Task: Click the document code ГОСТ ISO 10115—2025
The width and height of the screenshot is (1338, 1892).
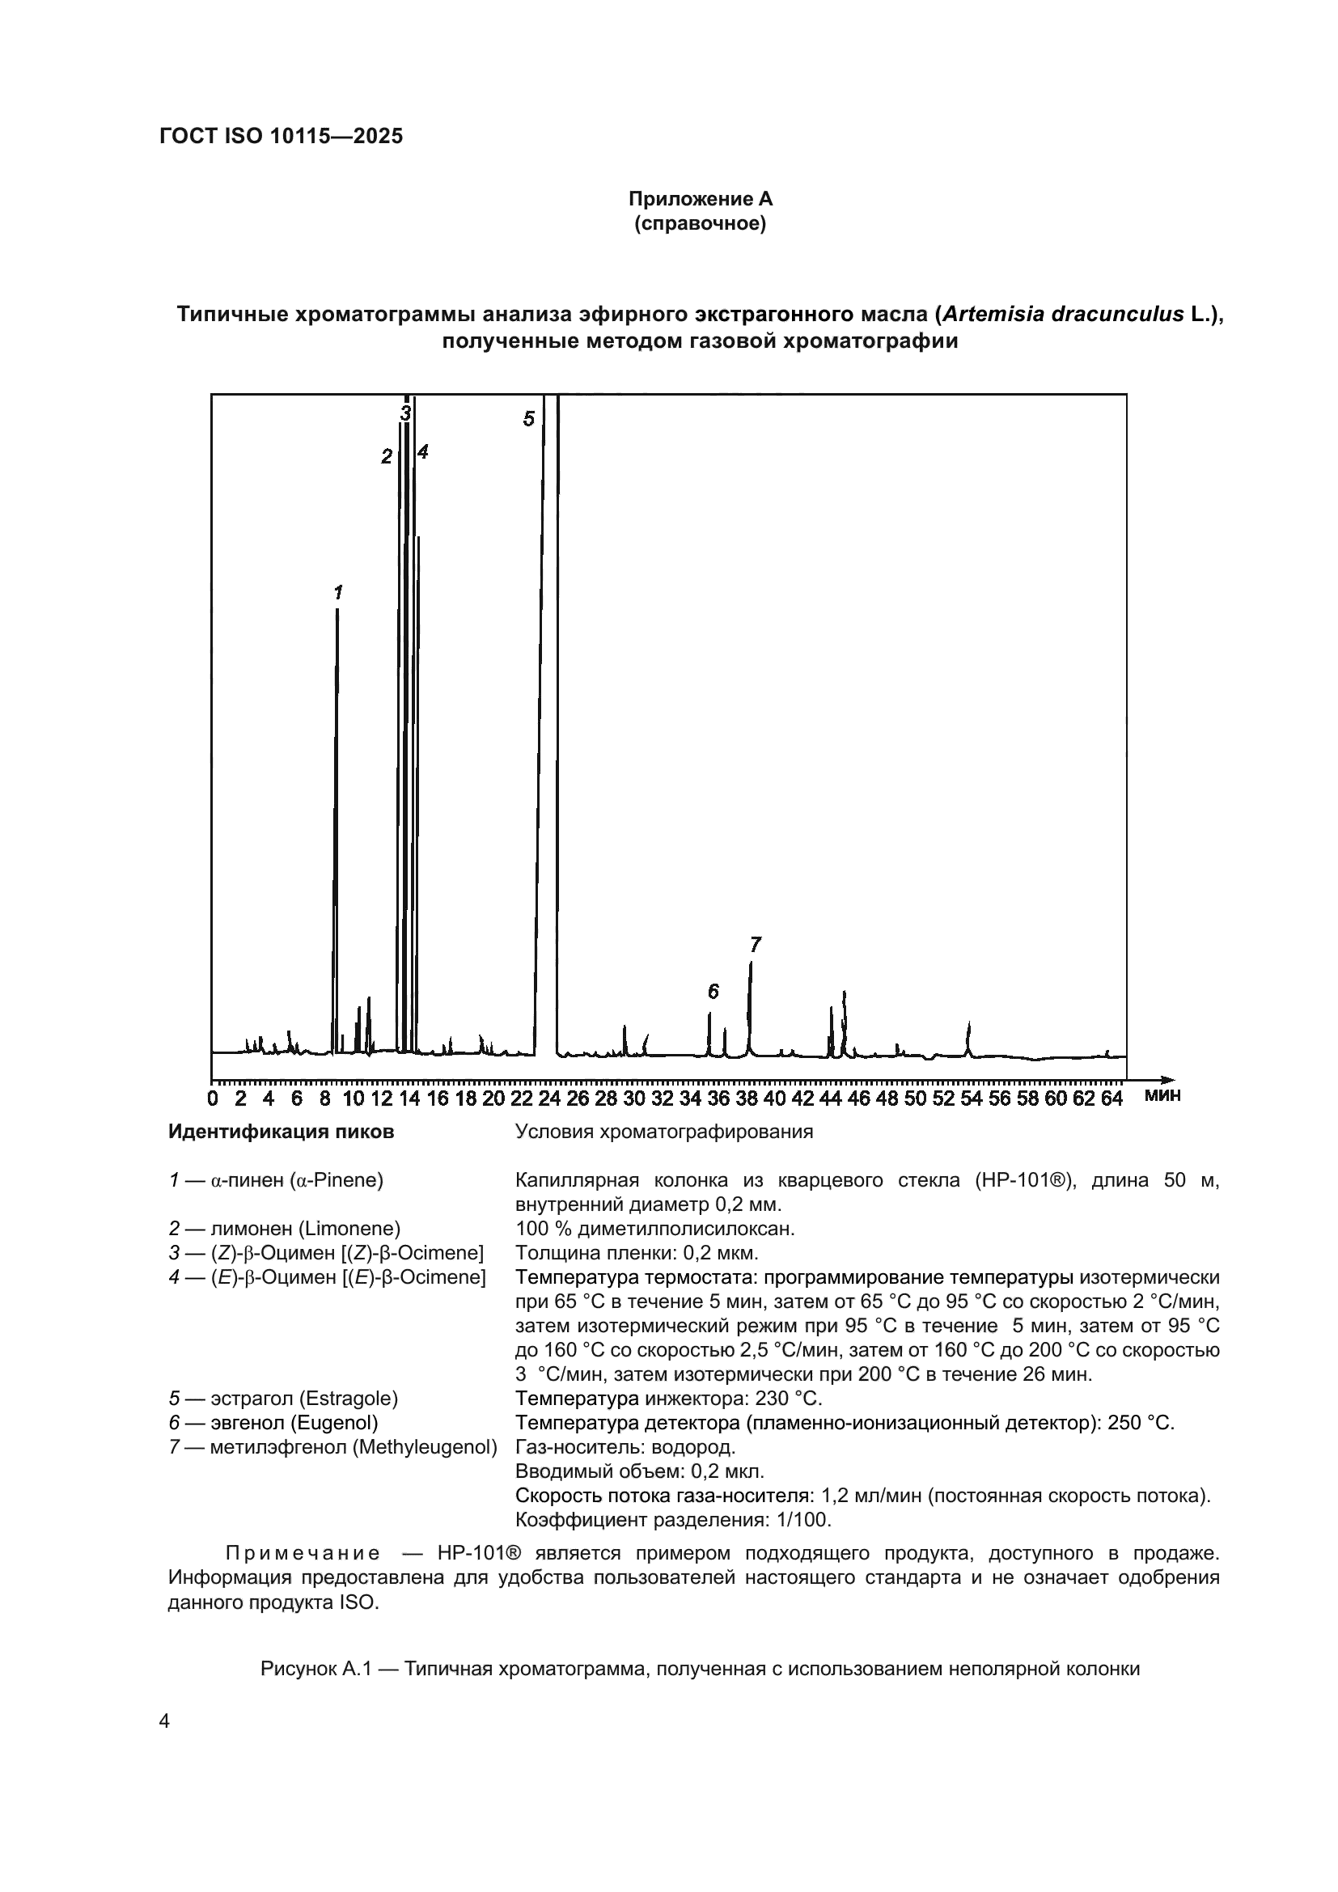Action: click(x=281, y=137)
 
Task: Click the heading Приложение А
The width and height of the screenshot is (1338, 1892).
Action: click(x=701, y=199)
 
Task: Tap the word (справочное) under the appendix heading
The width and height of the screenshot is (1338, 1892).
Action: click(x=701, y=223)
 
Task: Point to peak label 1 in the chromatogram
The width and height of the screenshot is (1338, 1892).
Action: click(x=338, y=591)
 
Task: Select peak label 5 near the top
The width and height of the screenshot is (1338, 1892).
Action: click(x=528, y=419)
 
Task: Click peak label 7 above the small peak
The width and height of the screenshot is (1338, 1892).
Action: click(x=755, y=943)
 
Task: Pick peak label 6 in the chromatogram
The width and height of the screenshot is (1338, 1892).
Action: click(x=713, y=992)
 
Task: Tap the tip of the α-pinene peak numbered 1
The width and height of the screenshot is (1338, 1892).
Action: click(x=337, y=611)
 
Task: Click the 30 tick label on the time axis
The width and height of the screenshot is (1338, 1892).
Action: click(x=633, y=1098)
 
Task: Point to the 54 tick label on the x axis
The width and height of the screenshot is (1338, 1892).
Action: click(x=972, y=1098)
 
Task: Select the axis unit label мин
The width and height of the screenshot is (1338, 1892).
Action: click(x=1162, y=1096)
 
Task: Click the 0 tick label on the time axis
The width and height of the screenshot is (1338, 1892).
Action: click(x=213, y=1098)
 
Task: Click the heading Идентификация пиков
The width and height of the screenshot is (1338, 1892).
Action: click(x=281, y=1132)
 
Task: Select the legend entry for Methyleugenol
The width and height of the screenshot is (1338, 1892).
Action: click(x=332, y=1447)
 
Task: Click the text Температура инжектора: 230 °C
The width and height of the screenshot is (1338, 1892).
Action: click(x=668, y=1399)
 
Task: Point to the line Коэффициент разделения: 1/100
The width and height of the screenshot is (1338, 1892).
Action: click(x=673, y=1520)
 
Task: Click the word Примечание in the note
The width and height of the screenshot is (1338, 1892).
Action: click(x=303, y=1554)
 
